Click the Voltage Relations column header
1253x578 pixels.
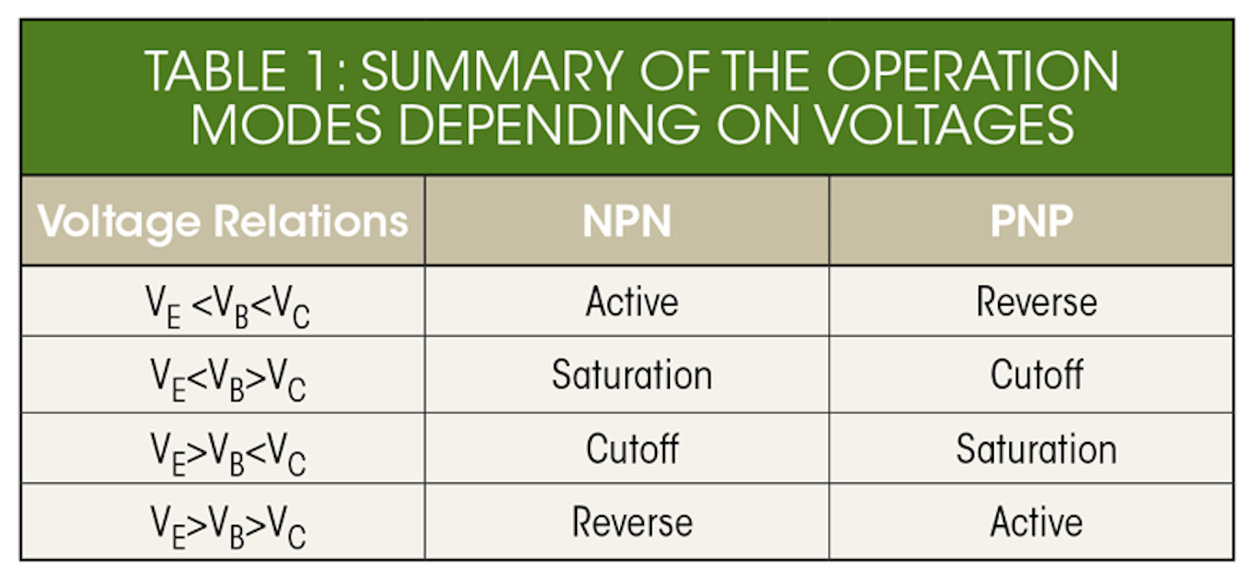(x=223, y=222)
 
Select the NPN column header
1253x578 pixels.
(x=627, y=222)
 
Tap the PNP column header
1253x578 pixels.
(x=1031, y=222)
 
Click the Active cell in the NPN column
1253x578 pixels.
(x=632, y=301)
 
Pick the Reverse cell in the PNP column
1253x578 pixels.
(x=1036, y=301)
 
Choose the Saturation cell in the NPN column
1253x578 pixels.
(x=632, y=374)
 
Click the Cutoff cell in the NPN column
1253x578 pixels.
(x=632, y=448)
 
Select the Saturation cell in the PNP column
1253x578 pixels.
(x=1036, y=449)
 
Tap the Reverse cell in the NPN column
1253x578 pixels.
(x=632, y=522)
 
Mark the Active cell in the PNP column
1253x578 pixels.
(x=1036, y=522)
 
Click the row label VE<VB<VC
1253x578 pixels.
(x=228, y=306)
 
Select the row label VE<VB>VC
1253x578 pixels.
(x=228, y=380)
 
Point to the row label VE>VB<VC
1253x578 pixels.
(x=228, y=454)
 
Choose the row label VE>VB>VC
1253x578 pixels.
(x=228, y=528)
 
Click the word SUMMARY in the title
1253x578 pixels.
(x=492, y=71)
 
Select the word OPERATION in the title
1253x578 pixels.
(x=972, y=71)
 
